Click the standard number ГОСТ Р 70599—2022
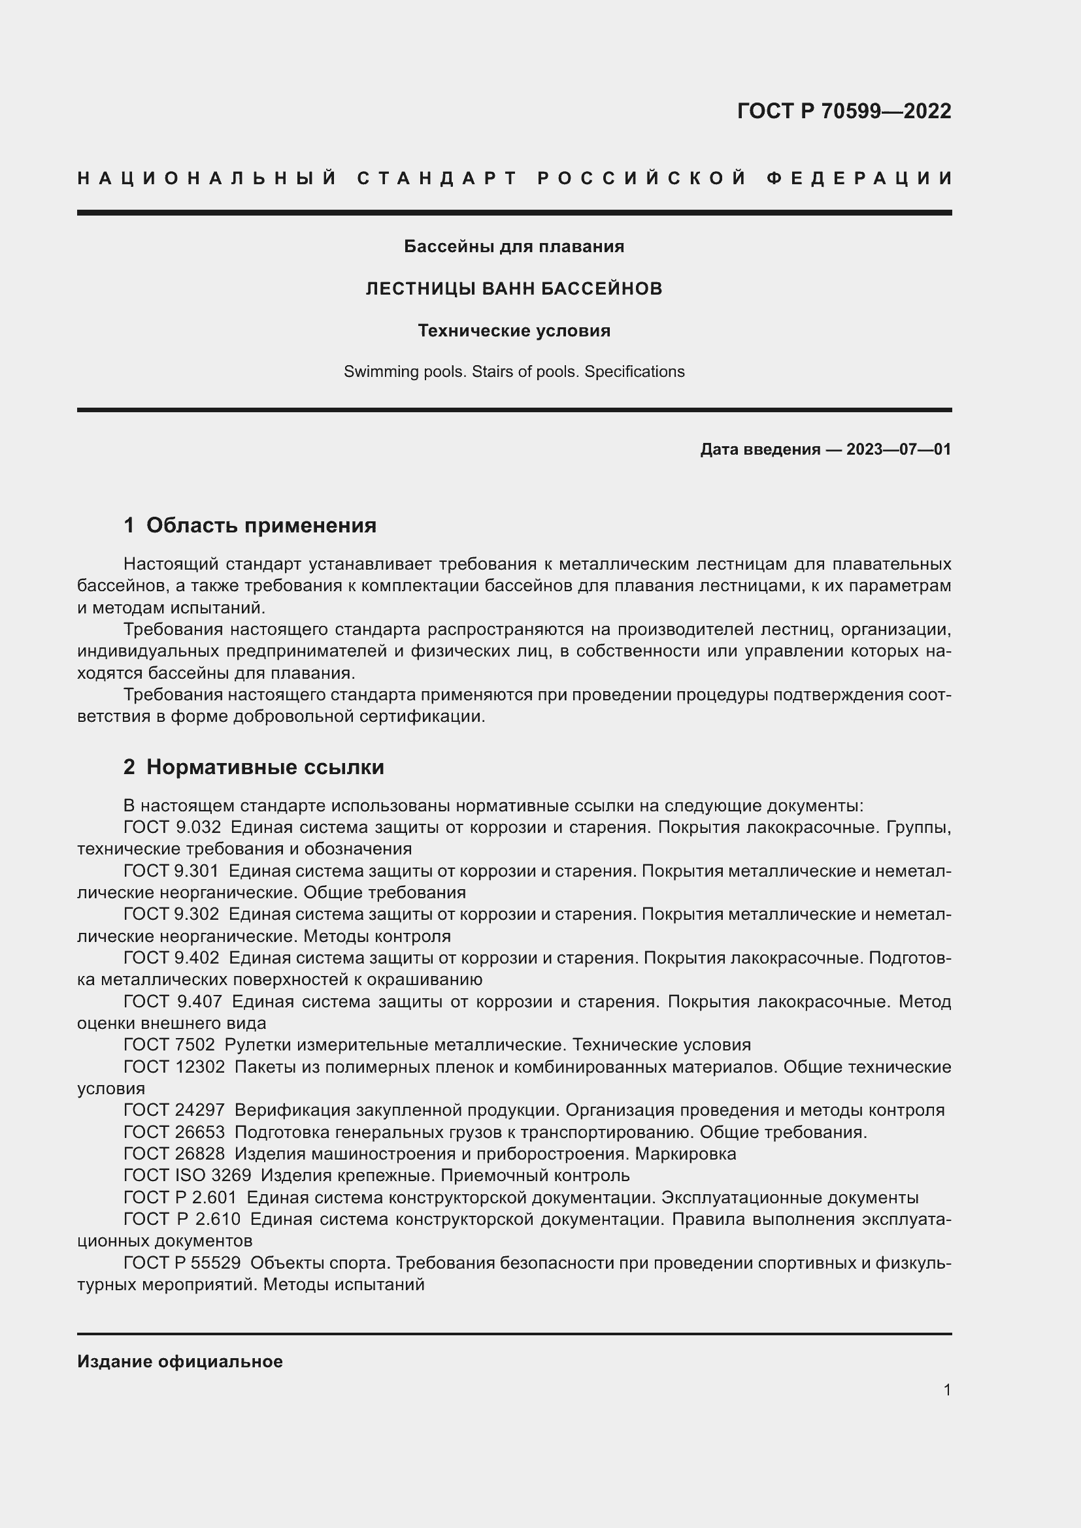(843, 110)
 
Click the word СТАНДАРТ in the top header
(437, 178)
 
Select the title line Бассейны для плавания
(514, 246)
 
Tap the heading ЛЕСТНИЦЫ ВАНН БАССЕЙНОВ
(514, 289)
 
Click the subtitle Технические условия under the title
(514, 331)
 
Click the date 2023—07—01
(898, 449)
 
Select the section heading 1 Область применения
(250, 526)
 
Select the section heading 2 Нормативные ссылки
(254, 768)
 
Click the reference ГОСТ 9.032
(172, 828)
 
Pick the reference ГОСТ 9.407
(173, 1001)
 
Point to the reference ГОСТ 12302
(174, 1067)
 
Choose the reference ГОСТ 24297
(174, 1110)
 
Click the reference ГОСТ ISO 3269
(187, 1175)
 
